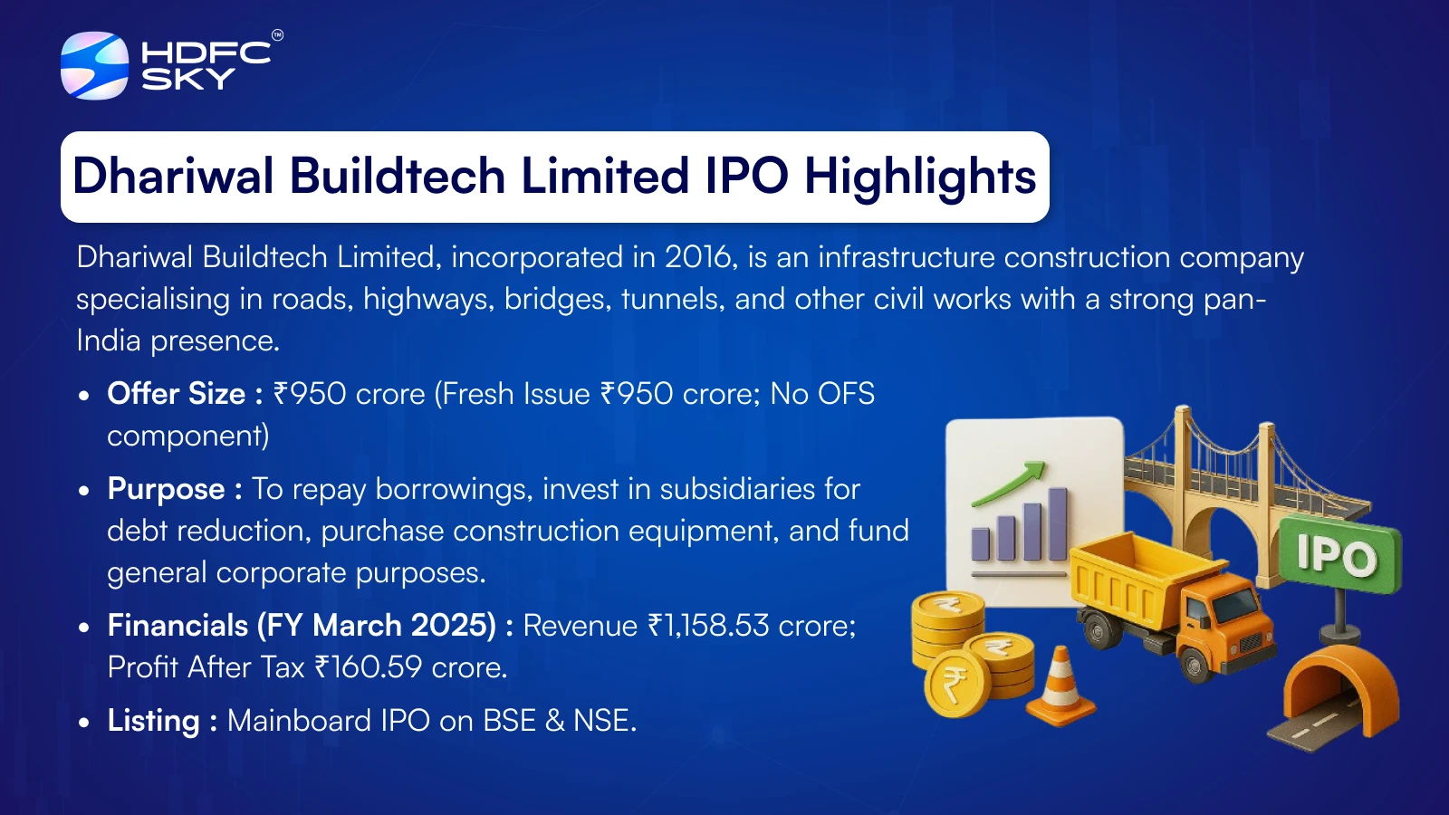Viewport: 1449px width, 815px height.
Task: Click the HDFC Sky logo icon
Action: pyautogui.click(x=94, y=65)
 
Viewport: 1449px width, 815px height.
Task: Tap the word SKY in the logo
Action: pyautogui.click(x=188, y=79)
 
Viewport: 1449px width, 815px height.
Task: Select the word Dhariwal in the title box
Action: pyautogui.click(x=173, y=176)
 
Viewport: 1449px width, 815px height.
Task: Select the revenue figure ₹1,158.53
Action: pyautogui.click(x=708, y=626)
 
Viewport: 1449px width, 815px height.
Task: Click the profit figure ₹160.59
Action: pyautogui.click(x=368, y=667)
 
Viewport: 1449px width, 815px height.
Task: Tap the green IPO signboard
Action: pyautogui.click(x=1339, y=555)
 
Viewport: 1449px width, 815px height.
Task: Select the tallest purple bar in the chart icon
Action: pyautogui.click(x=1058, y=524)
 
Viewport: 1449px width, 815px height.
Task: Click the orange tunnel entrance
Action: pyautogui.click(x=1340, y=690)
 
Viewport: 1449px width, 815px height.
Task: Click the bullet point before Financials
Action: pyautogui.click(x=83, y=627)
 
